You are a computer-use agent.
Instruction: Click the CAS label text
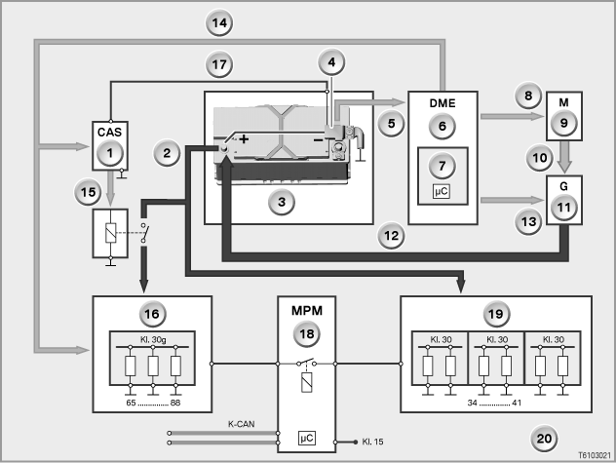[x=109, y=132]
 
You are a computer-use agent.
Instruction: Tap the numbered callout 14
[x=219, y=22]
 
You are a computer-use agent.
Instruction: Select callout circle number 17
[x=219, y=64]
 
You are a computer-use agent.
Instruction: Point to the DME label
[x=443, y=103]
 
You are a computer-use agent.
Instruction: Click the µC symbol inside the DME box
[x=442, y=191]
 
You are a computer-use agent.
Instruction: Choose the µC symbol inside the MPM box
[x=307, y=438]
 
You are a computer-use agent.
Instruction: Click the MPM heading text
[x=307, y=311]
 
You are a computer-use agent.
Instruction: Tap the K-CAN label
[x=241, y=424]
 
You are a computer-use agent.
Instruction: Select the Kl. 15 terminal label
[x=372, y=442]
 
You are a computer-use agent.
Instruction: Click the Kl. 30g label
[x=153, y=339]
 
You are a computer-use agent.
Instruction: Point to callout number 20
[x=544, y=439]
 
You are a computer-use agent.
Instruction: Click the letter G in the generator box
[x=563, y=186]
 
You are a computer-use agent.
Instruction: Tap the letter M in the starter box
[x=563, y=102]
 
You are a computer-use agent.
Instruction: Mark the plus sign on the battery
[x=244, y=138]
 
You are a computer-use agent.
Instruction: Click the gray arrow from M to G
[x=564, y=157]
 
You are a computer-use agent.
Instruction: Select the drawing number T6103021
[x=595, y=455]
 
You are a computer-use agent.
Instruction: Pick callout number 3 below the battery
[x=282, y=202]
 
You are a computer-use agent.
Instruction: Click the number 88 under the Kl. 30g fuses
[x=175, y=403]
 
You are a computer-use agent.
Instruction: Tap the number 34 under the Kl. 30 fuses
[x=472, y=403]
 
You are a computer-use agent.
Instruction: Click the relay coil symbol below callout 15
[x=111, y=233]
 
